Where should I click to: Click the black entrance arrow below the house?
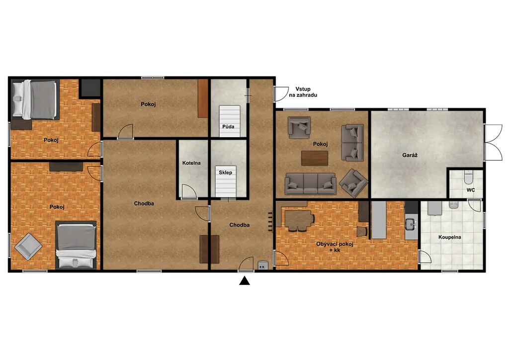(245, 281)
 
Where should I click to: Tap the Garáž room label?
(410, 155)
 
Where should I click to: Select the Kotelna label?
(191, 163)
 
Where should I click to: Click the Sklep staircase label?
(225, 173)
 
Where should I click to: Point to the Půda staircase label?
(228, 127)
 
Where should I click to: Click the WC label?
(471, 190)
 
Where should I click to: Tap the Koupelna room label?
(449, 237)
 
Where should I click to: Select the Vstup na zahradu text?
(303, 92)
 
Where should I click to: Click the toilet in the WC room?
(468, 177)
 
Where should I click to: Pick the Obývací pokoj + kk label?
(335, 247)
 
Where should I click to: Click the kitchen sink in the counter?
(411, 224)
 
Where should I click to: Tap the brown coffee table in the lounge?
(315, 158)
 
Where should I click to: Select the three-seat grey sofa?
(310, 184)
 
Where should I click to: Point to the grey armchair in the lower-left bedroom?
(28, 247)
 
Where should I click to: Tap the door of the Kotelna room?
(188, 191)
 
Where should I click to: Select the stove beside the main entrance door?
(263, 266)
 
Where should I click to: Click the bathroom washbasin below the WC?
(453, 204)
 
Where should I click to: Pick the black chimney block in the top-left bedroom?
(90, 88)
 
